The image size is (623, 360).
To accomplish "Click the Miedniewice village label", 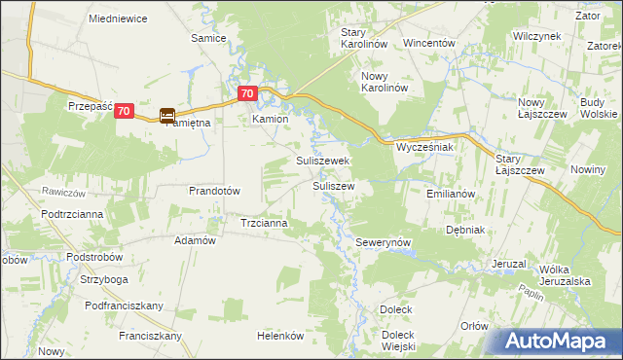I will click(x=117, y=18).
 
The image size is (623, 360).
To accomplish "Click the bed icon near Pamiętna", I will click(x=167, y=115).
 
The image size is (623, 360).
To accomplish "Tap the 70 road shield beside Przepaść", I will click(x=123, y=112).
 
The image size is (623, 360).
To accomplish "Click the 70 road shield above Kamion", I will click(x=247, y=94).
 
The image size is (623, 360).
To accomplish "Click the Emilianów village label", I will click(x=450, y=194).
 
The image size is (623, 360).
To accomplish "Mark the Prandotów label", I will click(x=214, y=191).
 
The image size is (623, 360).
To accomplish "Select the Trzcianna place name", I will click(x=264, y=223).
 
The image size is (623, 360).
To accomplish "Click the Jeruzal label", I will click(x=509, y=264).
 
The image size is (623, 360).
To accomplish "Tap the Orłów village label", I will click(x=474, y=326).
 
